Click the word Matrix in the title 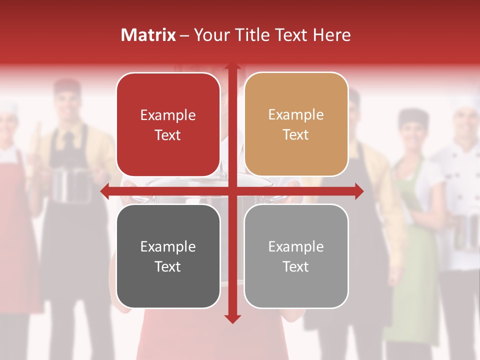pyautogui.click(x=148, y=35)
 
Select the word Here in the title pyautogui.click(x=331, y=35)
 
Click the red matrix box pyautogui.click(x=168, y=124)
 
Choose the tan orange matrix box pyautogui.click(x=296, y=124)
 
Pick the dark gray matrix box pyautogui.click(x=168, y=256)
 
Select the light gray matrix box pyautogui.click(x=296, y=256)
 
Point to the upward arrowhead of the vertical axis pyautogui.click(x=232, y=67)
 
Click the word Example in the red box pyautogui.click(x=168, y=115)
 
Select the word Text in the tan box pyautogui.click(x=296, y=134)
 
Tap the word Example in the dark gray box pyautogui.click(x=168, y=246)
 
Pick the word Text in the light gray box pyautogui.click(x=296, y=266)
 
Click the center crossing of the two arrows pyautogui.click(x=232, y=191)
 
